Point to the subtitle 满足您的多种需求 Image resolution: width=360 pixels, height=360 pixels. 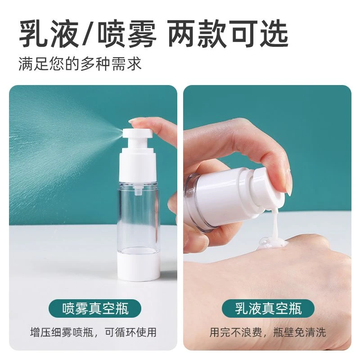[x=80, y=63]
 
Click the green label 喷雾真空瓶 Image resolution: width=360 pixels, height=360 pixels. [x=95, y=309]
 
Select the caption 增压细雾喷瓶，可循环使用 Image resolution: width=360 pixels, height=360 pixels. [x=95, y=333]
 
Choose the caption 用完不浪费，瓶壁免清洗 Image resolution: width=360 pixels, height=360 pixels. [x=268, y=333]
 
